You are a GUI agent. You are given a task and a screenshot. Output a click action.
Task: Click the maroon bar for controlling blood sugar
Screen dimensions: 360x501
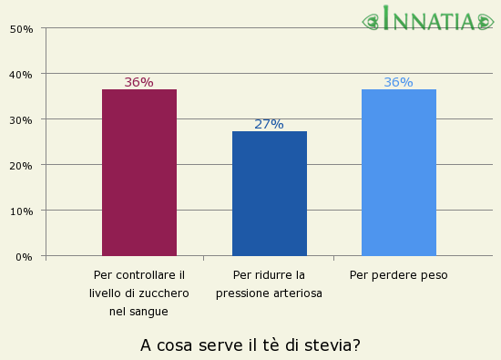(139, 172)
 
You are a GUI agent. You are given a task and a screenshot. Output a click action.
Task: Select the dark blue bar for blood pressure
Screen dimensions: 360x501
(270, 193)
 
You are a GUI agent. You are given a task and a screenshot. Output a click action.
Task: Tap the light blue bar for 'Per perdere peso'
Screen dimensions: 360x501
(399, 172)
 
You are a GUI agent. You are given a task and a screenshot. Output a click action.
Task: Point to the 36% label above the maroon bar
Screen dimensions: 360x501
(138, 82)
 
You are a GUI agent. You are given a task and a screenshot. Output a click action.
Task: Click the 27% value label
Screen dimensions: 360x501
(269, 124)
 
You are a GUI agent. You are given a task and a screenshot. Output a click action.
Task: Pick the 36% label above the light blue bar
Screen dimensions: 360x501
(398, 82)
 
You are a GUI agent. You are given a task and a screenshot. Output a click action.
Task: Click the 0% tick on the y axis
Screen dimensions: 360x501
(24, 256)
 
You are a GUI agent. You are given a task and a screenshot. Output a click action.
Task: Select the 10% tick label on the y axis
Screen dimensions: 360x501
(22, 211)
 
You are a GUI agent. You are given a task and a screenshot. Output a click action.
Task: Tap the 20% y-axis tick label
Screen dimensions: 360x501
(22, 165)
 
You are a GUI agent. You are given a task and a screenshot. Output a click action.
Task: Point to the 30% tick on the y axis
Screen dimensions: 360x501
(22, 119)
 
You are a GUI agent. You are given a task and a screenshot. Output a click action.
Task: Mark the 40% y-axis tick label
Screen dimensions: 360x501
(22, 74)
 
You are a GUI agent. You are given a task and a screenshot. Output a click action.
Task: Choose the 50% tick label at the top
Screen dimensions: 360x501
(22, 28)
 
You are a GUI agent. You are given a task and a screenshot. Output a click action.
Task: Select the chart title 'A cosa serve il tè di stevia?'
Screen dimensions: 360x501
(250, 345)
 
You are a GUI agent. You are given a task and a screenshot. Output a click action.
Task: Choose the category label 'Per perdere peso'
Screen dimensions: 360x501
(399, 274)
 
